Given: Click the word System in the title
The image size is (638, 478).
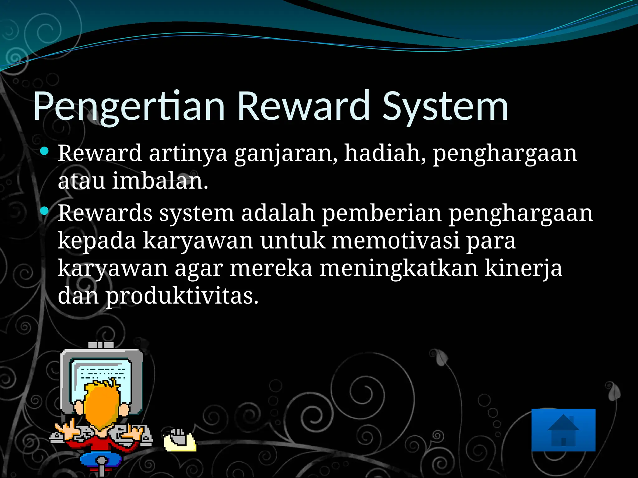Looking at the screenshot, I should [x=445, y=106].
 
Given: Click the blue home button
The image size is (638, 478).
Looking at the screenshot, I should [x=563, y=430].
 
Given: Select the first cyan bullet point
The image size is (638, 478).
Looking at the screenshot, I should [x=45, y=152].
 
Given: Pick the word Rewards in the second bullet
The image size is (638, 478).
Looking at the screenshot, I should [x=105, y=213].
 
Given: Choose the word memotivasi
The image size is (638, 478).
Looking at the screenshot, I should [x=395, y=241].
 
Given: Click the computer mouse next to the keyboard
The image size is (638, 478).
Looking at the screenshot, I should [x=180, y=440].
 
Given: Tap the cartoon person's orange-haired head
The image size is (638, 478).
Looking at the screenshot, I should [x=102, y=405].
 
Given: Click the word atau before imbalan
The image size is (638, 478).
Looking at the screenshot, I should [x=82, y=181].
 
